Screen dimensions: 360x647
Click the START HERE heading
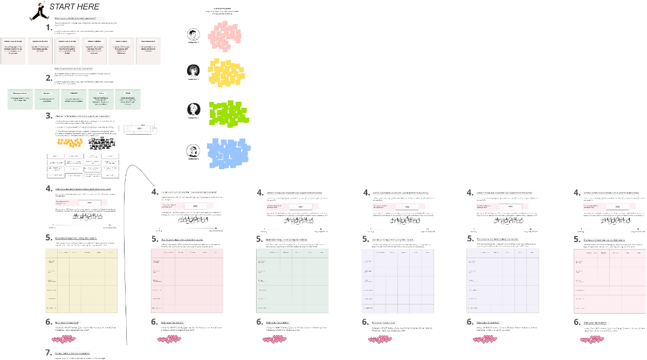(x=74, y=7)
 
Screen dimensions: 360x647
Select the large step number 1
(x=49, y=27)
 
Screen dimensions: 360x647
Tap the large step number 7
(x=49, y=352)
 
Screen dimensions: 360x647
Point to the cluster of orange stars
(x=70, y=143)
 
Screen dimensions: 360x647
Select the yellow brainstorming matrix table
(x=81, y=281)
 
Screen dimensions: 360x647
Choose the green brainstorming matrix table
(x=292, y=281)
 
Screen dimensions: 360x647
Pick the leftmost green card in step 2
(x=20, y=99)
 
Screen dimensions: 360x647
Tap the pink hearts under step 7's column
(x=65, y=340)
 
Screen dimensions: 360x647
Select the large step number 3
(x=49, y=115)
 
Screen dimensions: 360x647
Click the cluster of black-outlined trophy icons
(x=101, y=143)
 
